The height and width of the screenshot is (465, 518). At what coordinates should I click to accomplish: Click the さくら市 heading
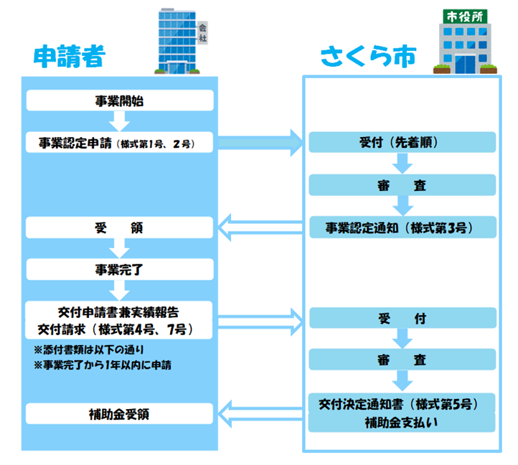point(368,57)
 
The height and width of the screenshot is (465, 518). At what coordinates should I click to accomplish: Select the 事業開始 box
point(120,100)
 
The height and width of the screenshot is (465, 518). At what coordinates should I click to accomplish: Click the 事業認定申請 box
point(120,142)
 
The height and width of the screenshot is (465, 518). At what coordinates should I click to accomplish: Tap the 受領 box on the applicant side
point(120,228)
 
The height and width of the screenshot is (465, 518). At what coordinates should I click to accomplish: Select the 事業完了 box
point(120,270)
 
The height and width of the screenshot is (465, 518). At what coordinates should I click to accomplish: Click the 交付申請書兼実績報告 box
point(120,320)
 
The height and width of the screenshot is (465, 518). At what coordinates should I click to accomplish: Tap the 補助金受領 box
point(120,415)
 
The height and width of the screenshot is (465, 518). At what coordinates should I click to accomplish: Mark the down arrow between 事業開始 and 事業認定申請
point(120,121)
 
